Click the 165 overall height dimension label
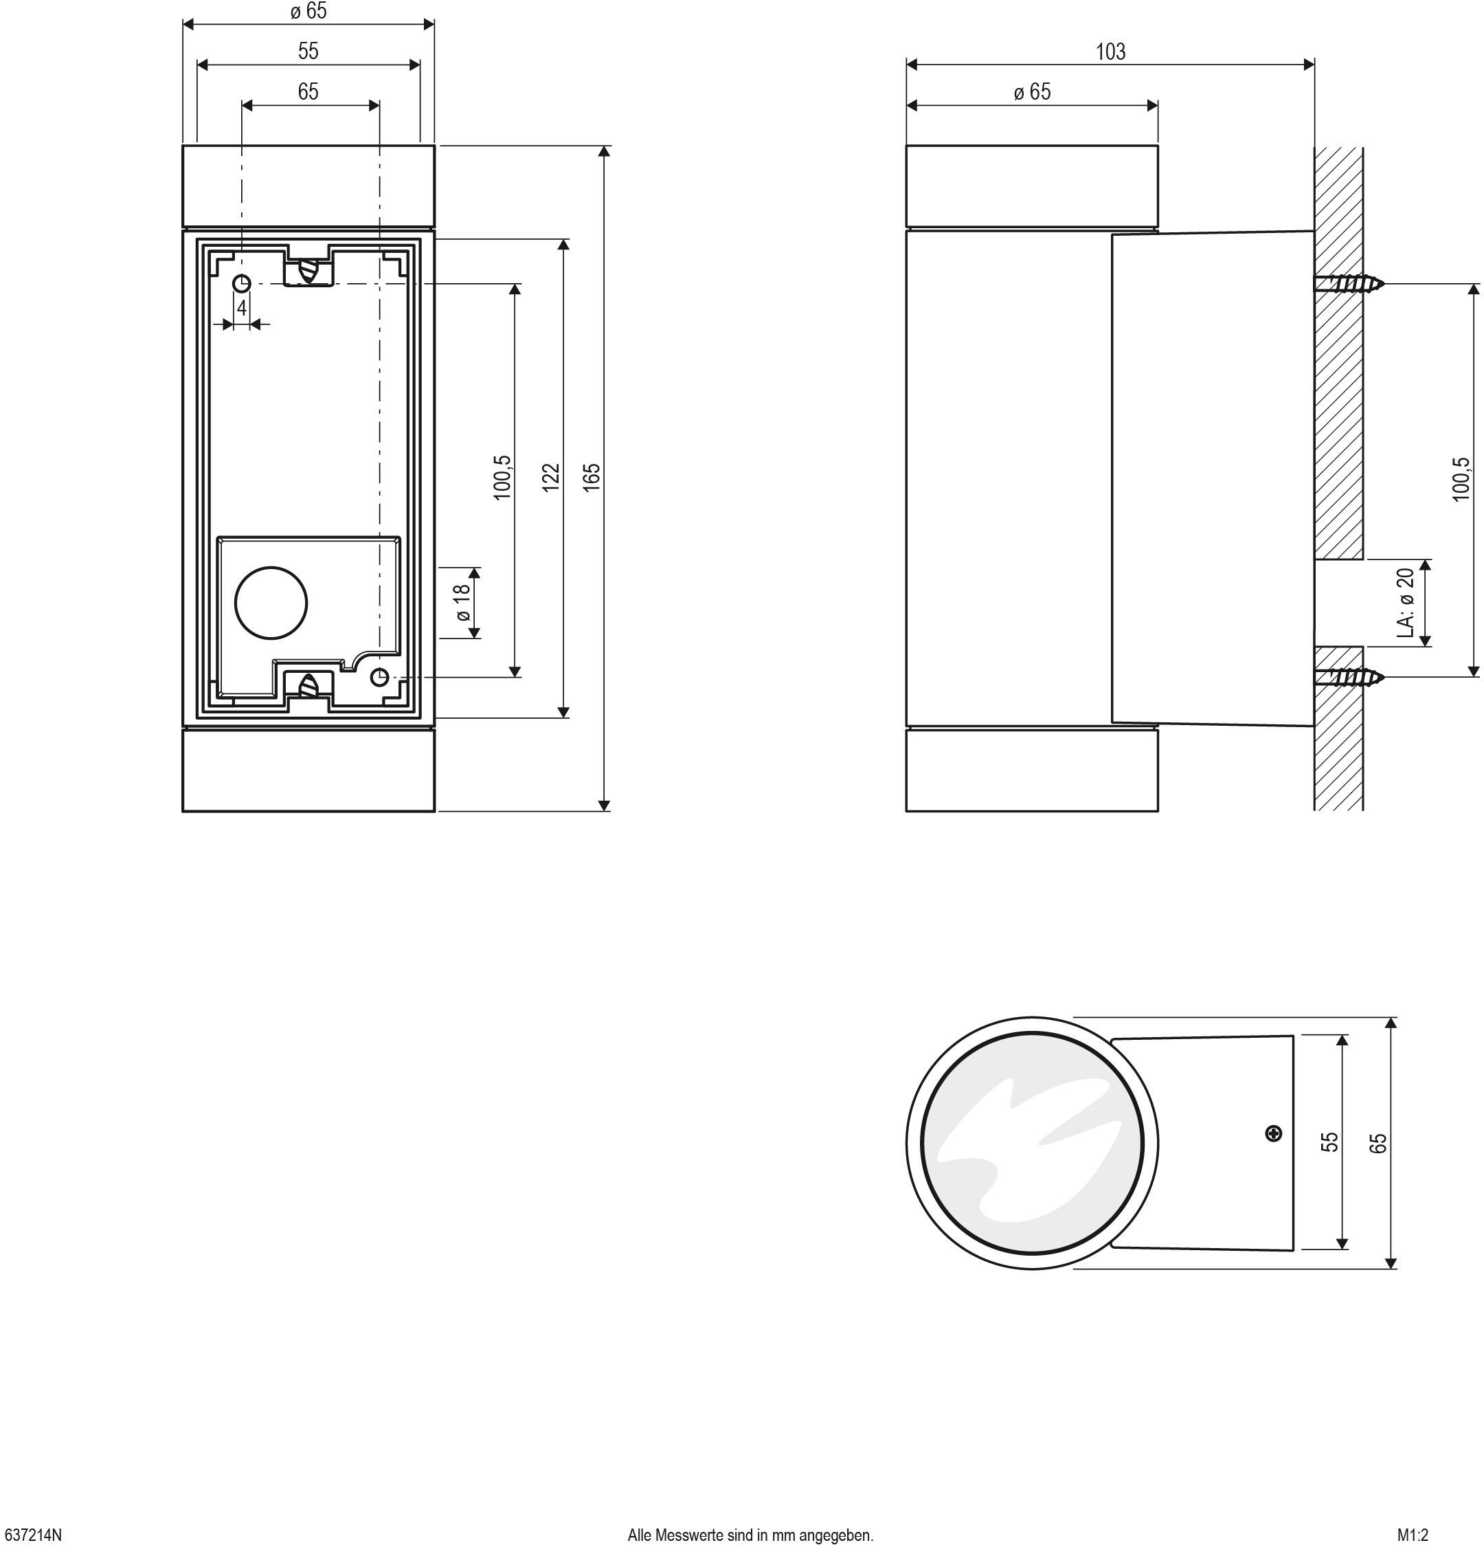(x=593, y=478)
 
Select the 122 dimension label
(x=551, y=478)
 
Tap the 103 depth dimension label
(x=1110, y=52)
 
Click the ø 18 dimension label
(x=463, y=602)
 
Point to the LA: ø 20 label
(x=1405, y=603)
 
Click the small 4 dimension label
(x=242, y=308)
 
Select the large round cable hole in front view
(x=271, y=602)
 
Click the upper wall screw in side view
(x=1351, y=284)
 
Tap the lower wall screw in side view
(x=1351, y=676)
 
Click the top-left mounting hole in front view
(x=242, y=282)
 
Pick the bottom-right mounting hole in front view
(x=380, y=676)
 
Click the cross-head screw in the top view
(x=1274, y=1133)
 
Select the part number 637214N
(x=32, y=1535)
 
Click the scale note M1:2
(x=1413, y=1535)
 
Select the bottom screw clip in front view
(x=309, y=686)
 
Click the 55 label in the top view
(x=1329, y=1142)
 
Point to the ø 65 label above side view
(x=1032, y=92)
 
